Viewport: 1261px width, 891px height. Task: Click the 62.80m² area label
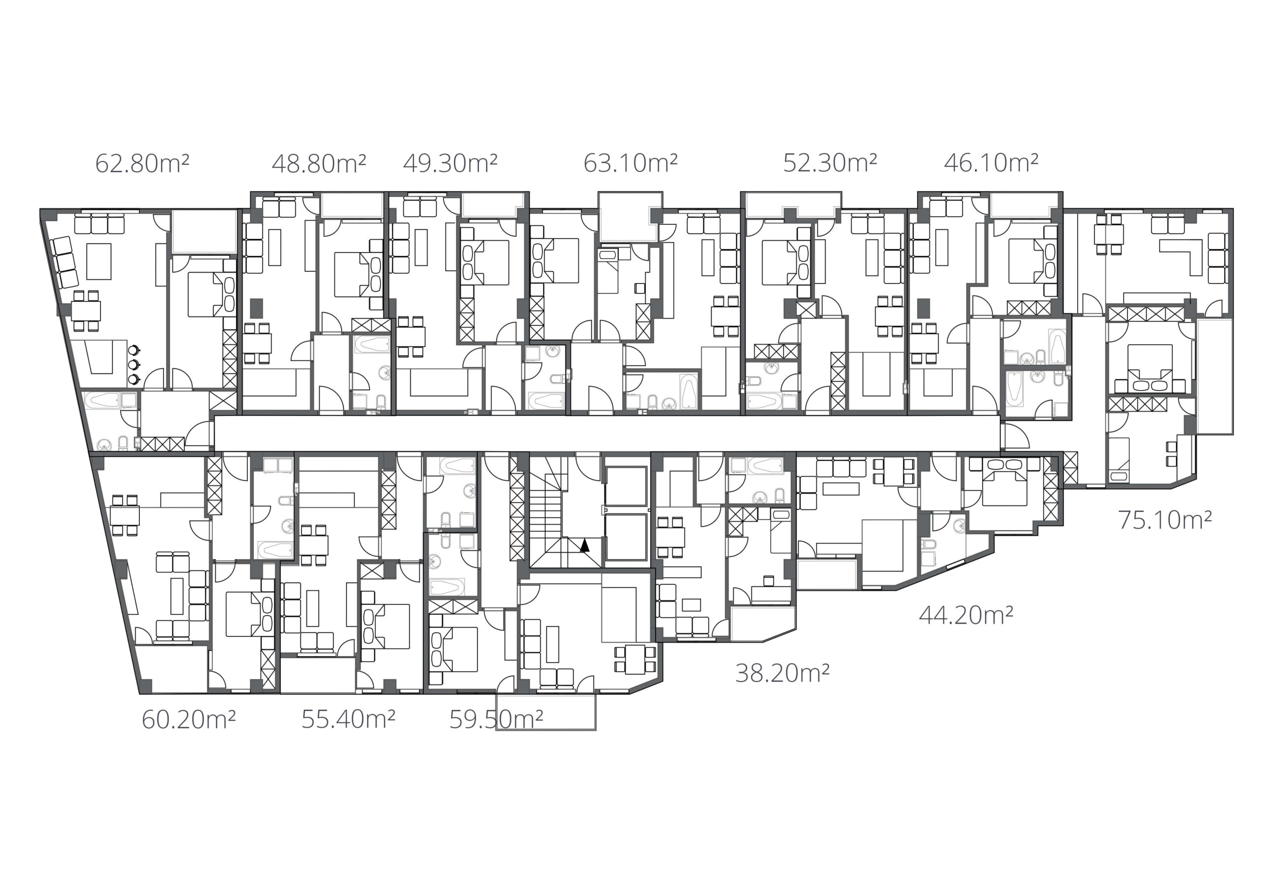click(142, 163)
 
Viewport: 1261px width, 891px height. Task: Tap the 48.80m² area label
click(319, 163)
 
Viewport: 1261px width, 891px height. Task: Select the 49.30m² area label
click(450, 163)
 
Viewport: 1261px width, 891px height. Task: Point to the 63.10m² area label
click(630, 163)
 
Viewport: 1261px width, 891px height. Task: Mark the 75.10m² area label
click(1165, 519)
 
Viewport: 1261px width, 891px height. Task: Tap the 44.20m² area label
click(966, 615)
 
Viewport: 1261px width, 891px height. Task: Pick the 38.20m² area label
click(782, 672)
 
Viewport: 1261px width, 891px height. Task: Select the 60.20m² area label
click(189, 719)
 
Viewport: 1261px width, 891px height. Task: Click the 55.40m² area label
click(348, 719)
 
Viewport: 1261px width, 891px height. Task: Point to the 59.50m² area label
click(497, 719)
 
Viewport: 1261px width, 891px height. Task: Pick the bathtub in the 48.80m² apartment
click(371, 345)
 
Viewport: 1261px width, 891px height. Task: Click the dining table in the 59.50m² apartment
click(635, 659)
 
